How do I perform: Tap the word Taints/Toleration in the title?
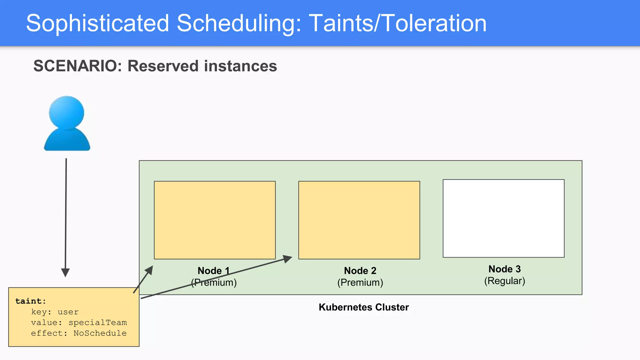click(x=397, y=23)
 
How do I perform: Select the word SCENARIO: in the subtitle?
click(x=77, y=66)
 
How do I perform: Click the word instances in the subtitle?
click(x=240, y=66)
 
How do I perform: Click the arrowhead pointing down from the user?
click(x=65, y=272)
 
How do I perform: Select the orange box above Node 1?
click(x=215, y=220)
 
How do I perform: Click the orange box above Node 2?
click(x=359, y=220)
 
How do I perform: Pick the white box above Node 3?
click(x=503, y=218)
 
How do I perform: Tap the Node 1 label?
click(x=213, y=271)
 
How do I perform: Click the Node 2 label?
click(x=360, y=271)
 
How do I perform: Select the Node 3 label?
click(x=504, y=269)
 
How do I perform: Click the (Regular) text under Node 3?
click(x=504, y=281)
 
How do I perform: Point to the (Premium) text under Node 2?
click(x=360, y=282)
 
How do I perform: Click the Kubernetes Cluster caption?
click(x=363, y=307)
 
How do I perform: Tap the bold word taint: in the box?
click(x=31, y=301)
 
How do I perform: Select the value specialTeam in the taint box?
click(x=97, y=322)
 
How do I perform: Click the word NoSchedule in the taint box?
click(x=100, y=333)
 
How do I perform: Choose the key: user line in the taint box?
click(x=55, y=312)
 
